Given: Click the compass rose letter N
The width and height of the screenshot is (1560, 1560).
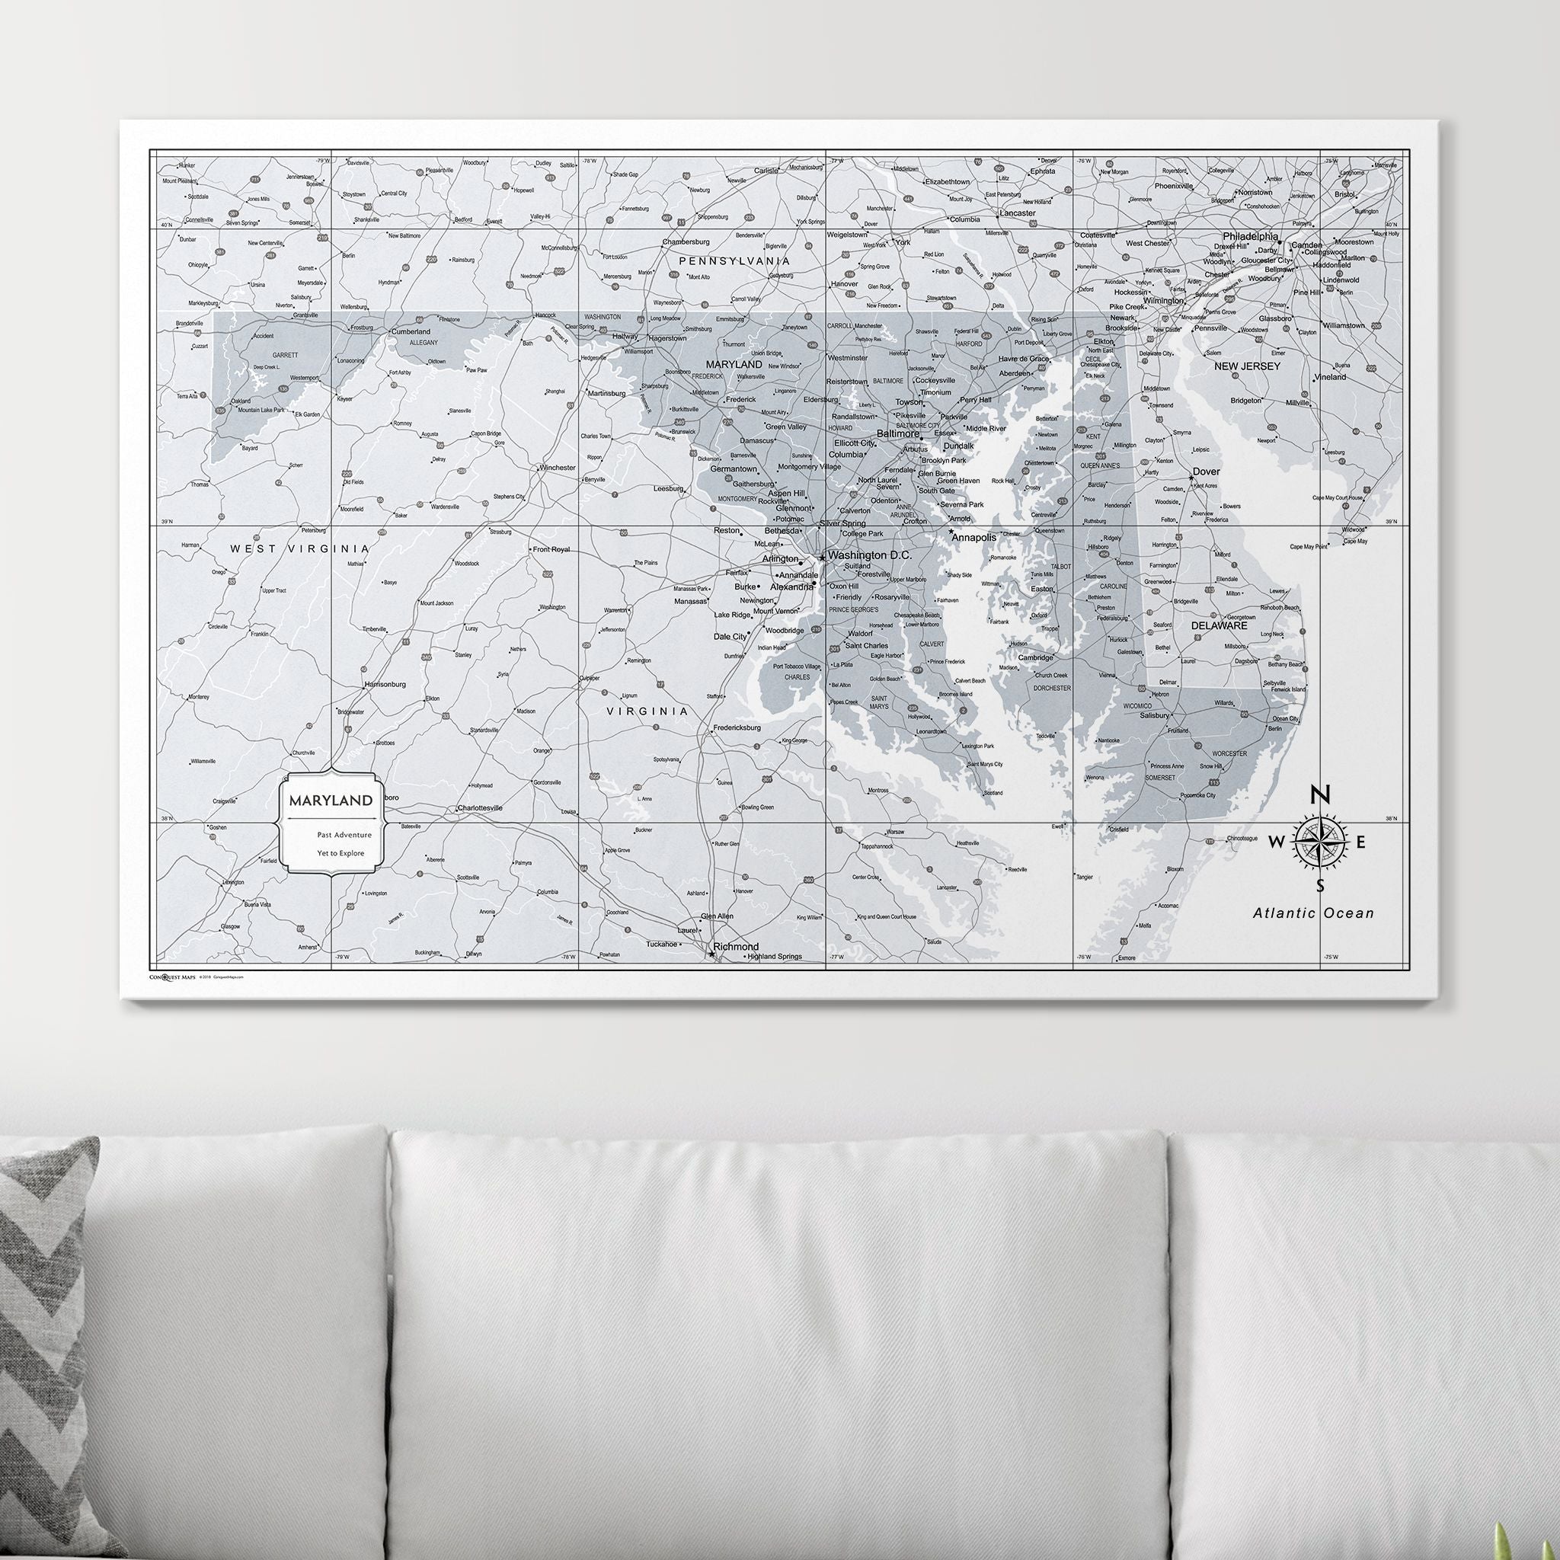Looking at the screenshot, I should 1319,794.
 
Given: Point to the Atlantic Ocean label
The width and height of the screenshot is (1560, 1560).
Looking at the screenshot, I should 1313,913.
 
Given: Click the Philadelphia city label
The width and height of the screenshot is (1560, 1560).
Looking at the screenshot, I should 1250,237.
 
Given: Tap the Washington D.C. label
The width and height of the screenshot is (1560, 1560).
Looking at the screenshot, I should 869,555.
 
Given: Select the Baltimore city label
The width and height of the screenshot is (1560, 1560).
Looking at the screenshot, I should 897,433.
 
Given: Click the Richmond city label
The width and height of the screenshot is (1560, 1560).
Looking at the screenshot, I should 735,946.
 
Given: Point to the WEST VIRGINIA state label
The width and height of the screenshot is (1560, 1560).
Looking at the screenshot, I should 299,549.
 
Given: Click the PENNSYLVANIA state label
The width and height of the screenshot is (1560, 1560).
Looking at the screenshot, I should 734,261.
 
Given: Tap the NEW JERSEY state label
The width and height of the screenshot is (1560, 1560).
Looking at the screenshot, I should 1248,366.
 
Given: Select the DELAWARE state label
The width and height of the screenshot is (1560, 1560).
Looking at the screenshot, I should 1220,626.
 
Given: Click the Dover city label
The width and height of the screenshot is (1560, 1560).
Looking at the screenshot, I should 1207,472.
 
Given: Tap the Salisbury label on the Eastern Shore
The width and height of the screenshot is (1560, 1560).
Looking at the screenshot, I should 1154,715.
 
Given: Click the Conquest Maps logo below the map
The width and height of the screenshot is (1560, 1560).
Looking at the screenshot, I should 172,977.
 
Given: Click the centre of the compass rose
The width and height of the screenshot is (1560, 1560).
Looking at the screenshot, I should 1319,842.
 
